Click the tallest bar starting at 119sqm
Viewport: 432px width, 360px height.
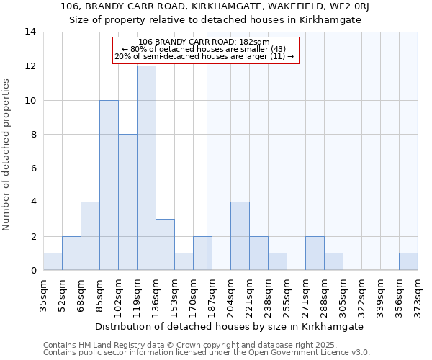pyautogui.click(x=146, y=168)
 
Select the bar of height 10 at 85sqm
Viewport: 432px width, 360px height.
pyautogui.click(x=109, y=185)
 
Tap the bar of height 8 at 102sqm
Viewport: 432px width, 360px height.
pyautogui.click(x=127, y=202)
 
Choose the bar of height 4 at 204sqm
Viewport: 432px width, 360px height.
pyautogui.click(x=240, y=236)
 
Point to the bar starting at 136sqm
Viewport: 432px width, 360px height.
pyautogui.click(x=165, y=245)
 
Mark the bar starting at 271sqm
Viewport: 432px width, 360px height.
pyautogui.click(x=315, y=253)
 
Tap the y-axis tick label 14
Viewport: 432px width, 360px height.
pyautogui.click(x=30, y=32)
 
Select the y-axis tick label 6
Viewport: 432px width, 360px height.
pyautogui.click(x=33, y=168)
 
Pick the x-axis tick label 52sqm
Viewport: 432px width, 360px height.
pyautogui.click(x=62, y=294)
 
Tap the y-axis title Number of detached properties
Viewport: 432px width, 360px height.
pyautogui.click(x=6, y=155)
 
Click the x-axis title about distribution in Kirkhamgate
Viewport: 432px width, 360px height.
pyautogui.click(x=230, y=326)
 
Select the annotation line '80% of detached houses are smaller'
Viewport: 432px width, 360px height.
pyautogui.click(x=205, y=49)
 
